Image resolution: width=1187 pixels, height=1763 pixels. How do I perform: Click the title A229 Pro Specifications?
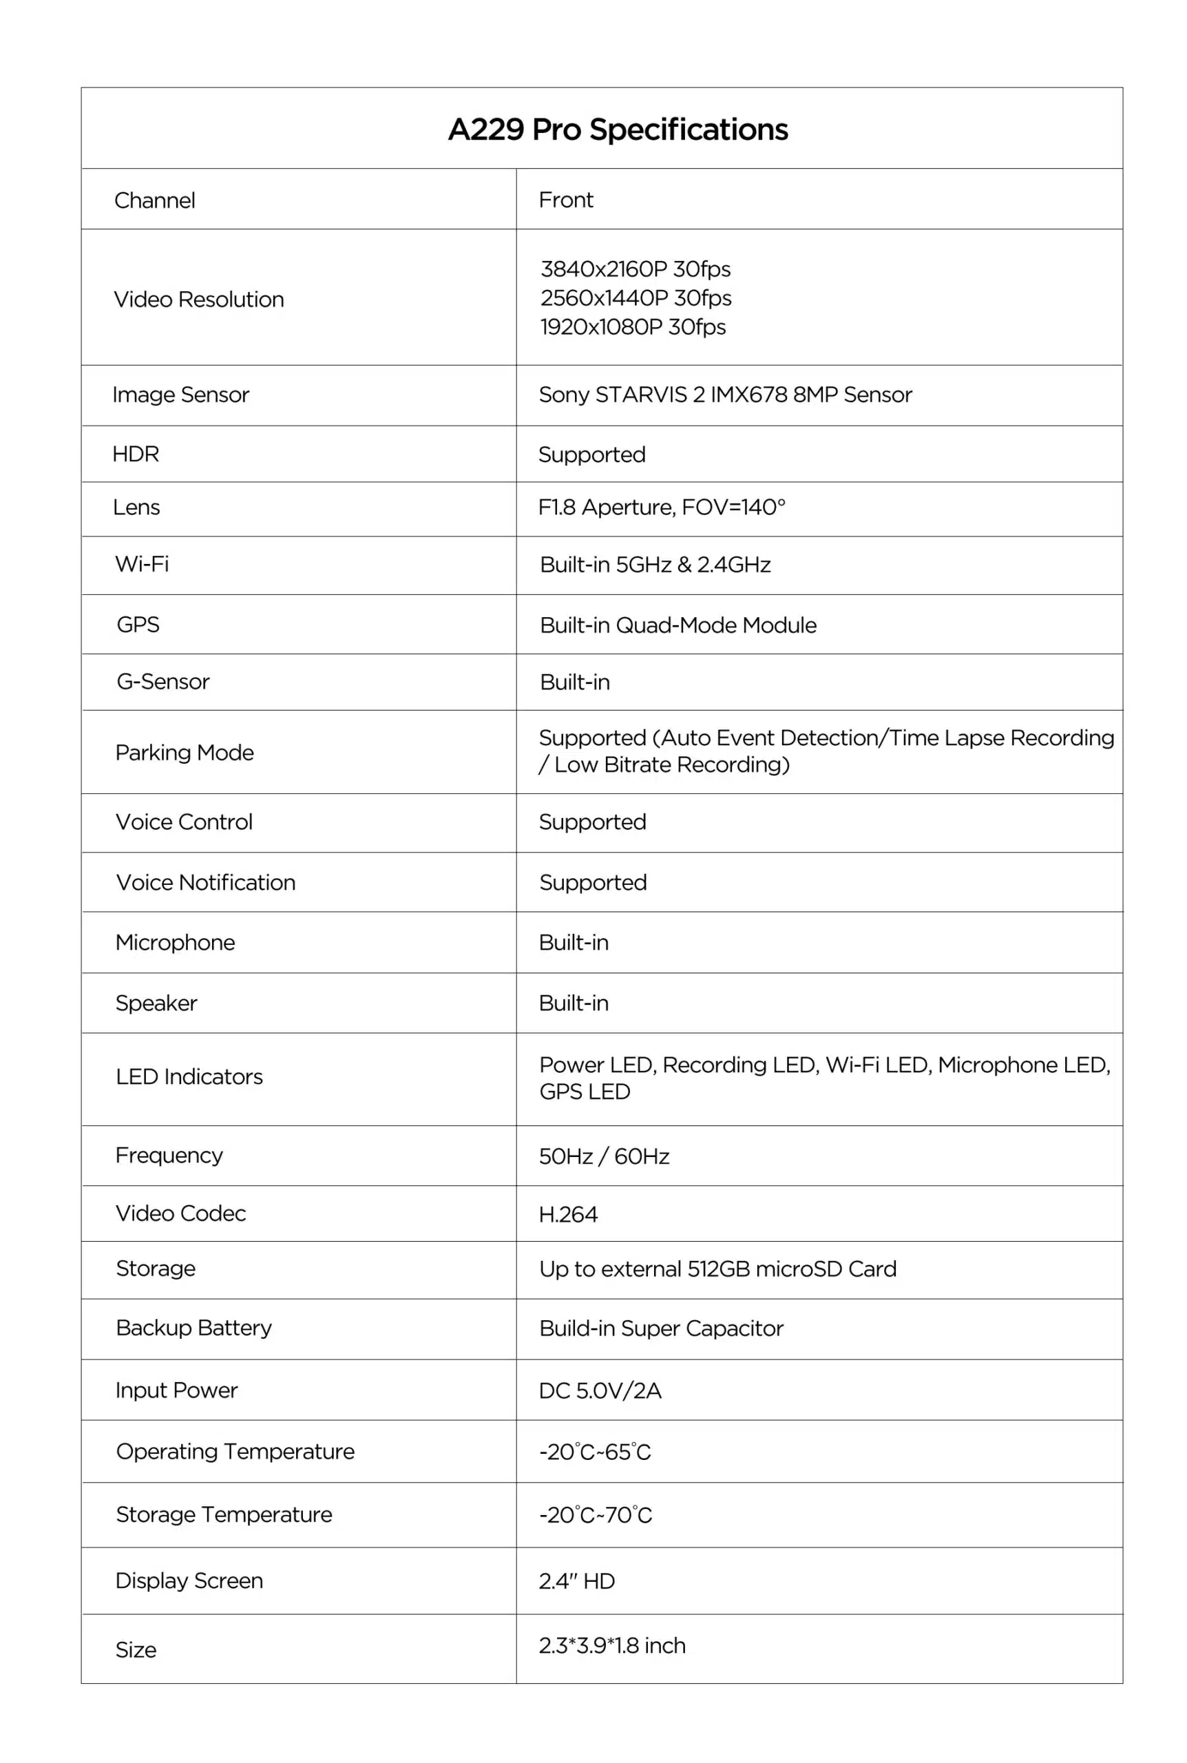tap(618, 129)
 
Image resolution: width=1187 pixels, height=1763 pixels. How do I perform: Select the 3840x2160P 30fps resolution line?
tap(635, 269)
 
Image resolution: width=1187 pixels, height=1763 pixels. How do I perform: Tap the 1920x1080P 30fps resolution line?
tap(633, 326)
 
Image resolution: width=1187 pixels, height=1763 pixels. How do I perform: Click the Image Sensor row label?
tap(180, 395)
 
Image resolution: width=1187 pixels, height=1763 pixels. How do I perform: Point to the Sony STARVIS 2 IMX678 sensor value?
tap(724, 395)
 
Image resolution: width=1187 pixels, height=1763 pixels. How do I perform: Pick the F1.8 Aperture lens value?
tap(661, 506)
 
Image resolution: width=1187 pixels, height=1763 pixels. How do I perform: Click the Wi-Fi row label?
tap(142, 563)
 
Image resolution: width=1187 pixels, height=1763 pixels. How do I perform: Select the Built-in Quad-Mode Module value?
tap(677, 625)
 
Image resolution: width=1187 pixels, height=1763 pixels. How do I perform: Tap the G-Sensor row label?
tap(162, 681)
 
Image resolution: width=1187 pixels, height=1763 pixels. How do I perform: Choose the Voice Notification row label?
tap(205, 882)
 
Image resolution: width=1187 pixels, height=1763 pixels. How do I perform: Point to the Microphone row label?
tap(175, 941)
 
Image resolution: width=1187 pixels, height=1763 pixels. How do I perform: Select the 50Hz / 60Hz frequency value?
tap(603, 1156)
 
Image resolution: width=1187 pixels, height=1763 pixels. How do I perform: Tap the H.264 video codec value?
tap(568, 1214)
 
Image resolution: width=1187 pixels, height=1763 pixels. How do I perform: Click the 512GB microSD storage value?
tap(717, 1269)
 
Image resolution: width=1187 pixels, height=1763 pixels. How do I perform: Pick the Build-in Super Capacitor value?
tap(661, 1328)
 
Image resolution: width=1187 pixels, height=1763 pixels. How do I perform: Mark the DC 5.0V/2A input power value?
tap(600, 1390)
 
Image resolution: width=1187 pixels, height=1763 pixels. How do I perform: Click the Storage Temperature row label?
tap(223, 1514)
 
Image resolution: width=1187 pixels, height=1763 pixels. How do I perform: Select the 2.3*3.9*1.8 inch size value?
tap(611, 1645)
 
